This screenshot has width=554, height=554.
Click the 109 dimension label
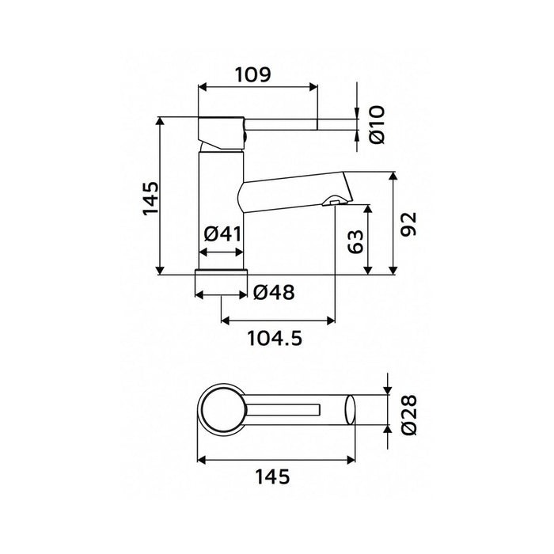[254, 75]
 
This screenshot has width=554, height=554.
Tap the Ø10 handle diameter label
[378, 124]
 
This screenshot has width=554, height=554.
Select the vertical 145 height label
[151, 197]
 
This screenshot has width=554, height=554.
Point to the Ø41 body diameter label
[222, 234]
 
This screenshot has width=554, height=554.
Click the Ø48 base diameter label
[275, 293]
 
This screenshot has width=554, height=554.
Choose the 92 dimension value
[408, 225]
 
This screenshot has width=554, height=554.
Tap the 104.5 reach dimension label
[275, 339]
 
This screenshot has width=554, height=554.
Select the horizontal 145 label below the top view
[272, 477]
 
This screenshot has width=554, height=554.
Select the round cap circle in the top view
[222, 410]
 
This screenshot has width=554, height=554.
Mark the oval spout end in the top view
[349, 411]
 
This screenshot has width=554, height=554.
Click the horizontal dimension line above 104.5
[278, 321]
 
